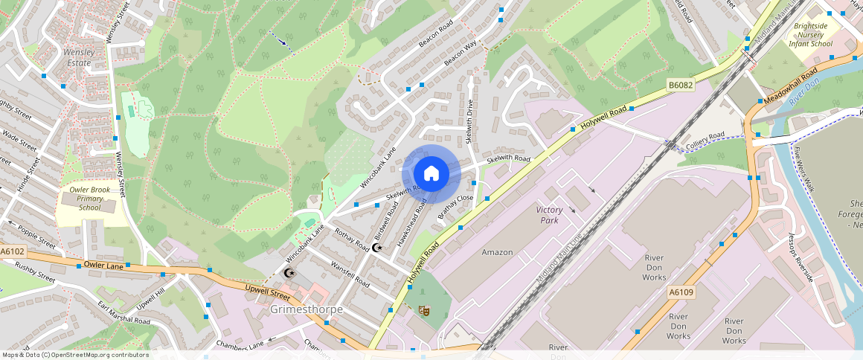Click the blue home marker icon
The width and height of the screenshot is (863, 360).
(431, 174)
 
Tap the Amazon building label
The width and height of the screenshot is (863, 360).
(497, 252)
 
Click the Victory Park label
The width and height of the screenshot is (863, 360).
(549, 215)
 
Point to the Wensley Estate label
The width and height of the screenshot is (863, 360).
(78, 58)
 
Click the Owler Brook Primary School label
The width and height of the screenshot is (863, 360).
(89, 198)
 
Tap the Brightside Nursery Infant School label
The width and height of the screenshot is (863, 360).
(812, 35)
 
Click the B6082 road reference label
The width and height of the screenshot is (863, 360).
(680, 86)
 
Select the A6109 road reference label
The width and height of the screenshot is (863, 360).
(680, 292)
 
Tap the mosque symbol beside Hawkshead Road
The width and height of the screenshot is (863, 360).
(376, 247)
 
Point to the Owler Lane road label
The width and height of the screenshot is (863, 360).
(103, 264)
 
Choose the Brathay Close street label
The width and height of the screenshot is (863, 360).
(455, 206)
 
